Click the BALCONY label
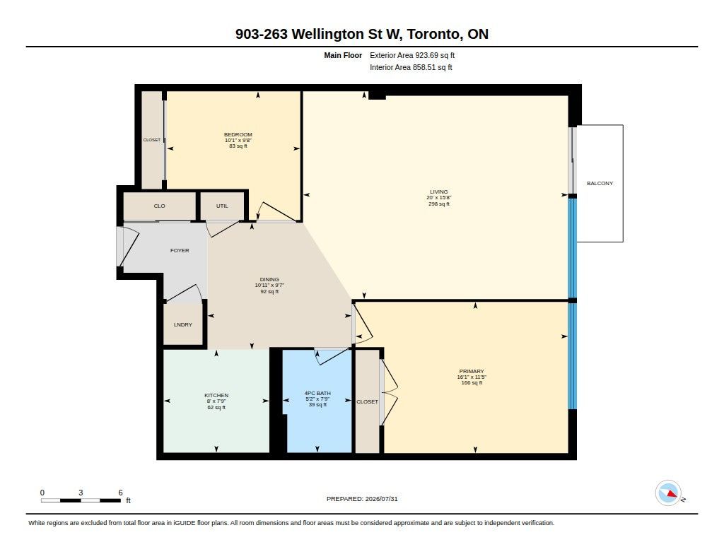tap(600, 183)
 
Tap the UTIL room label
tap(222, 206)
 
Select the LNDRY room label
tap(183, 324)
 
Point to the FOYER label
tap(180, 250)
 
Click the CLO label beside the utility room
tap(159, 206)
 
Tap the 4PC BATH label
tap(317, 394)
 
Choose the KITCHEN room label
tap(216, 395)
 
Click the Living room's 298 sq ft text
tap(439, 204)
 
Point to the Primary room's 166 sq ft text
tap(472, 382)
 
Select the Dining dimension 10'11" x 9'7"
tap(269, 286)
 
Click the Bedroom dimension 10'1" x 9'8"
tap(238, 141)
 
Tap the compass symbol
tap(669, 493)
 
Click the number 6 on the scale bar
tap(120, 493)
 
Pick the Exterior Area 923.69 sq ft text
tap(412, 55)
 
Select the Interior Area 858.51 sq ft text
tap(411, 67)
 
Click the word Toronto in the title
tap(433, 34)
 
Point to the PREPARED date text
tap(362, 499)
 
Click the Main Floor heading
tap(343, 55)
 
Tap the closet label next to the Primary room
tap(367, 401)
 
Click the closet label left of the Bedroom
tap(152, 140)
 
